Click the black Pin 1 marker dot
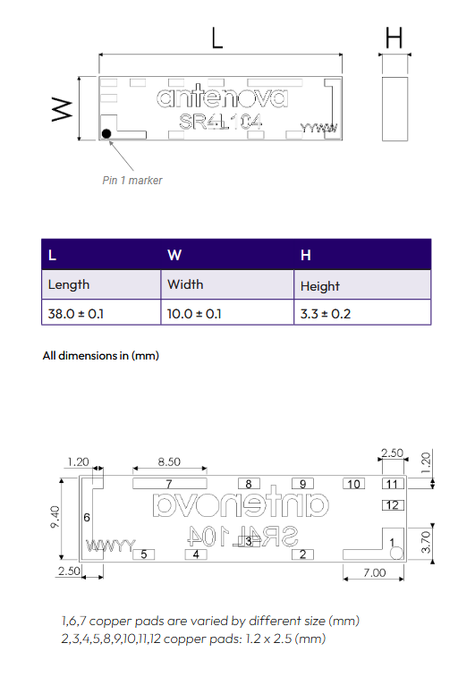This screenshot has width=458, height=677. tap(107, 133)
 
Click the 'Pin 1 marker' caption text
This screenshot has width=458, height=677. tap(132, 180)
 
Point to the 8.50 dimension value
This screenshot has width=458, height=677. tap(169, 462)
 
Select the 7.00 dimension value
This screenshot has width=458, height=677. tap(374, 572)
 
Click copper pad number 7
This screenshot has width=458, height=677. tap(168, 484)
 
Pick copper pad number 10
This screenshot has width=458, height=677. tap(354, 484)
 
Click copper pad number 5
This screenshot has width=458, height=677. tap(143, 554)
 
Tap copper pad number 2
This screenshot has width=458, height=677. tap(303, 554)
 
